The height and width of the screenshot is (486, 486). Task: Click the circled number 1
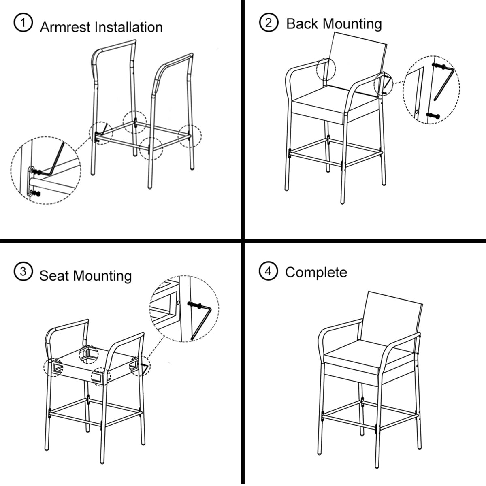(x=23, y=23)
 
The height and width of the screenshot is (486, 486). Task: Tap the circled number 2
(x=269, y=22)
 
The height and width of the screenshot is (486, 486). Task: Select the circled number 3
(x=23, y=272)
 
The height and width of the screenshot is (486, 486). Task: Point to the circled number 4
(x=269, y=271)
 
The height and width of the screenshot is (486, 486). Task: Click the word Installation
(x=128, y=27)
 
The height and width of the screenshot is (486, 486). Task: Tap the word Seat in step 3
(x=54, y=276)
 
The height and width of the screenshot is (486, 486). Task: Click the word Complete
(x=316, y=273)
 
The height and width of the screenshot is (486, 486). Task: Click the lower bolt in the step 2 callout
(x=433, y=115)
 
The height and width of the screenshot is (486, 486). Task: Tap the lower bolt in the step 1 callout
(x=35, y=194)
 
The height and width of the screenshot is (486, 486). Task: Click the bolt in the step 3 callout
(x=195, y=305)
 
